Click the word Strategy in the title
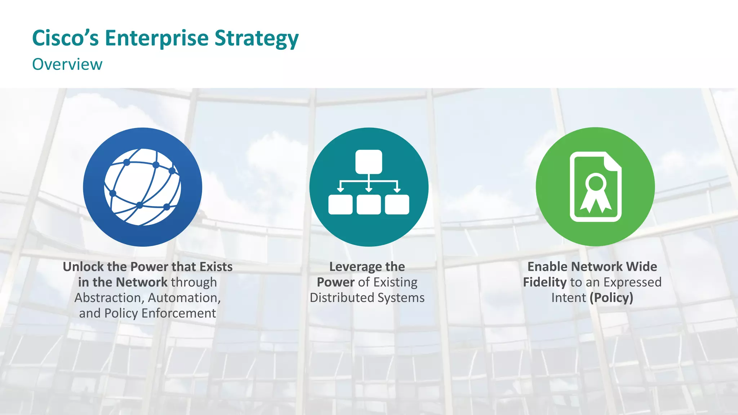click(x=256, y=38)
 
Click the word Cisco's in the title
click(x=65, y=38)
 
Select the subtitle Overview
click(x=67, y=64)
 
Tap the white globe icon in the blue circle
click(x=142, y=187)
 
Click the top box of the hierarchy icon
click(x=369, y=162)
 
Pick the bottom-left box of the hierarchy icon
click(x=340, y=204)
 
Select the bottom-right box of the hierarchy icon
click(x=397, y=204)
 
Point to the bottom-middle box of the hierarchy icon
click(x=369, y=204)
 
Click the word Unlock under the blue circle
click(x=83, y=267)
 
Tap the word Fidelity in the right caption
click(x=544, y=282)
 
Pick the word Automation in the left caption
click(x=184, y=298)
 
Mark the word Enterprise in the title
click(x=156, y=38)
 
